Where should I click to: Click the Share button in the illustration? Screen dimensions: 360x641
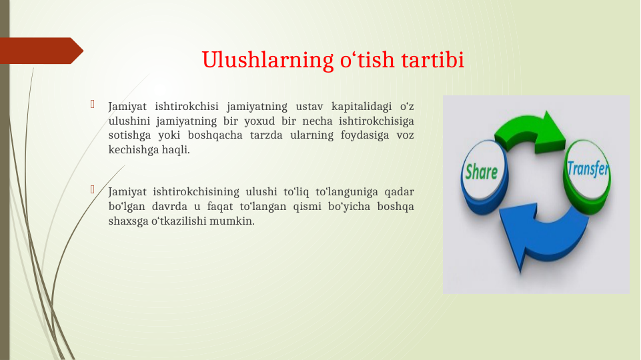pos(482,172)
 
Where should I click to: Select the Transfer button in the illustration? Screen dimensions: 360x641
pos(588,169)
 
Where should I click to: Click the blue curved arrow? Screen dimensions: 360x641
pos(534,233)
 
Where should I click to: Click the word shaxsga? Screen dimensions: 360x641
pos(127,221)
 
